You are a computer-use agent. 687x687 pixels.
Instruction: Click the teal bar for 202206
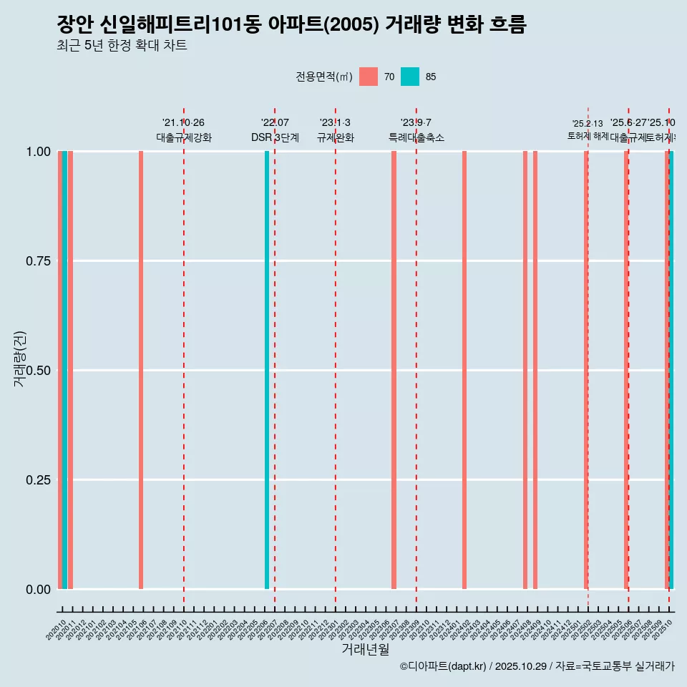267,370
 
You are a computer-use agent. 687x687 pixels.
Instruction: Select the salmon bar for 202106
141,370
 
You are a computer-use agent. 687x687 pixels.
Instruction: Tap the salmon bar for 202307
394,370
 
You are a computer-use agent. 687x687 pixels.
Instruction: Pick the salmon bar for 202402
464,370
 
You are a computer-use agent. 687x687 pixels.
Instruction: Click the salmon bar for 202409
535,370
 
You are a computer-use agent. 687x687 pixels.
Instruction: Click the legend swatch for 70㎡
369,77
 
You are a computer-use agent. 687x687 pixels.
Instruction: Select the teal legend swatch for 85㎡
410,77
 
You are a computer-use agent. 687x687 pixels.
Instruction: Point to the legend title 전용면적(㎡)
323,77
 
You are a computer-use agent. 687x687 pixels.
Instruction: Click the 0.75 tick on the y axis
39,261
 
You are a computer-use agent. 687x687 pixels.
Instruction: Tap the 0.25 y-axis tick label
39,480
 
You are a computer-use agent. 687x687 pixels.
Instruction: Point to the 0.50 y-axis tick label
39,371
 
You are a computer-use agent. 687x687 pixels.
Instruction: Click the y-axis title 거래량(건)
19,359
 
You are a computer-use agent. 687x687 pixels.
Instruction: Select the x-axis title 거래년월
366,649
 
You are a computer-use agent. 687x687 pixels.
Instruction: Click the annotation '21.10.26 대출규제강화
184,130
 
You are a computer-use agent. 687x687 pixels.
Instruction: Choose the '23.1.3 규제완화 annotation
335,130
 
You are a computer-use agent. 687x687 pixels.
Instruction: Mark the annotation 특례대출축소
416,137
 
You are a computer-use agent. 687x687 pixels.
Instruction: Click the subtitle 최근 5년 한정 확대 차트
122,46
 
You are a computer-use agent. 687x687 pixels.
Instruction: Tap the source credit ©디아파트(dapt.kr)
444,666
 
